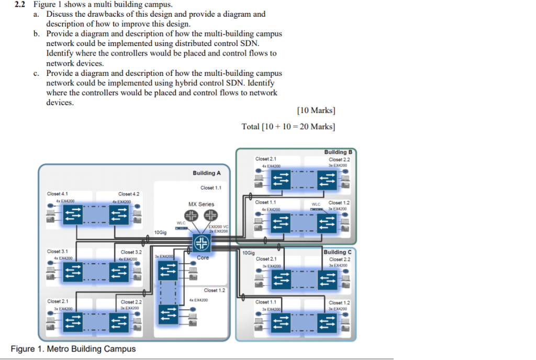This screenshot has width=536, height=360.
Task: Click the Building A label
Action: tap(207, 173)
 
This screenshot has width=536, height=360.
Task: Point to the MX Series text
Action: tap(201, 204)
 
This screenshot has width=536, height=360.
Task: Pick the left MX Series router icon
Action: tap(191, 216)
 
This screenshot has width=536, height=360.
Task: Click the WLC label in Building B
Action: tap(316, 204)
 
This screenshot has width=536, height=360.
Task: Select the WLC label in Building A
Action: tap(181, 223)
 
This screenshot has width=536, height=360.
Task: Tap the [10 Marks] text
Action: tap(316, 110)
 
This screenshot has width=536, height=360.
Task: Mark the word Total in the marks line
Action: tap(250, 127)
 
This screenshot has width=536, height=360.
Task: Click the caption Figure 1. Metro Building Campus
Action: tap(73, 349)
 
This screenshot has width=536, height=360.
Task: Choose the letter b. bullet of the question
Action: tap(36, 34)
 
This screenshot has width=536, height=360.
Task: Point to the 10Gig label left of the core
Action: tap(161, 232)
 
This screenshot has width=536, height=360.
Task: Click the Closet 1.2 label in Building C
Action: tap(339, 302)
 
